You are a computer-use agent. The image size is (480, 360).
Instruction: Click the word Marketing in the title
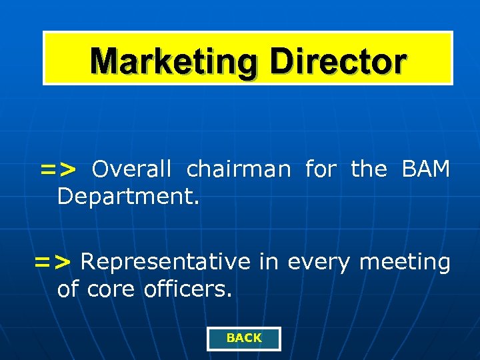[175, 61]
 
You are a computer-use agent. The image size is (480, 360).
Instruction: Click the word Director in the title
[337, 61]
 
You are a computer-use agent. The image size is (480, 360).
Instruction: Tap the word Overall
[131, 169]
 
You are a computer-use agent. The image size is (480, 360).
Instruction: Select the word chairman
[239, 169]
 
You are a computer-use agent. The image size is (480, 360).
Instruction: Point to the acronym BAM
[426, 169]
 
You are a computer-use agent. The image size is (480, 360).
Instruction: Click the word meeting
[405, 263]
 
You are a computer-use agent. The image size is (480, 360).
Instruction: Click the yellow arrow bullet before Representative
[52, 263]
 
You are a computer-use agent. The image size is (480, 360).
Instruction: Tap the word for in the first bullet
[321, 169]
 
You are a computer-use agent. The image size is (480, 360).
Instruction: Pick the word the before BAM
[369, 169]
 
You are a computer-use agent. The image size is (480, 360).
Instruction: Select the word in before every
[269, 263]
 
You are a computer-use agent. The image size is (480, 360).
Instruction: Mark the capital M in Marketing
[105, 61]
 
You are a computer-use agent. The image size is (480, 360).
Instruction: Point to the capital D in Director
[281, 61]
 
